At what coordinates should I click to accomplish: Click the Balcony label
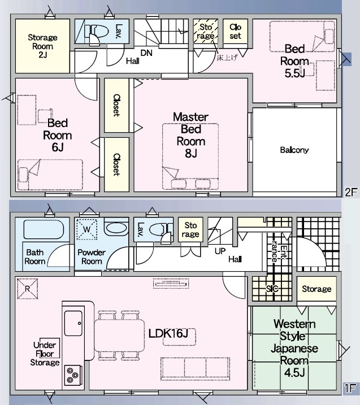(x=294, y=150)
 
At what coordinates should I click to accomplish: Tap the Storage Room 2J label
(x=42, y=46)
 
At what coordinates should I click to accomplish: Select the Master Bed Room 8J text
(x=190, y=135)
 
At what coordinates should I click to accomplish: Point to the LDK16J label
(x=168, y=333)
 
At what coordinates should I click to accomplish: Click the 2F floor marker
(x=351, y=192)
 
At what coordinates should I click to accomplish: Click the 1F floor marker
(x=350, y=388)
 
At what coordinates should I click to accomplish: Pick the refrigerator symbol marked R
(x=27, y=289)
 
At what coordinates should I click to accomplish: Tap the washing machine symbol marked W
(x=86, y=229)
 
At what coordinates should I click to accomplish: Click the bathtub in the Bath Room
(x=44, y=229)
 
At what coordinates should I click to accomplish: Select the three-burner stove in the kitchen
(x=72, y=375)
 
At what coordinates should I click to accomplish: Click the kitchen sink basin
(x=73, y=323)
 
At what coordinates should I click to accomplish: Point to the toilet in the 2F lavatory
(x=96, y=33)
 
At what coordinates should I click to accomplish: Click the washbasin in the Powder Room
(x=116, y=228)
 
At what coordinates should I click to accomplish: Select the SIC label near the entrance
(x=272, y=289)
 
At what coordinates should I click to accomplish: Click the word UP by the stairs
(x=220, y=251)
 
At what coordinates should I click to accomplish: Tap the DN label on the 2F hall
(x=146, y=53)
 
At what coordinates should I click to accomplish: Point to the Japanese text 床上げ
(x=227, y=58)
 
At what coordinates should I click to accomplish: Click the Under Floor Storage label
(x=45, y=354)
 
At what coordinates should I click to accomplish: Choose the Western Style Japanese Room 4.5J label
(x=294, y=348)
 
